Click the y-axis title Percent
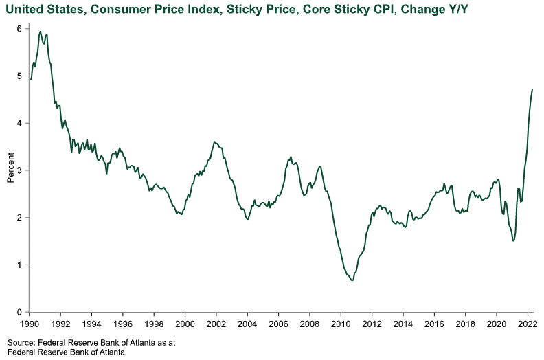coord(10,170)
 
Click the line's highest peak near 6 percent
coord(41,31)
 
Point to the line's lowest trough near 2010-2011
coord(352,280)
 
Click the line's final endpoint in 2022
coord(532,89)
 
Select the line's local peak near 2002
coord(215,142)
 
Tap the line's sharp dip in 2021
coord(513,240)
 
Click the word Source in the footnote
coord(21,341)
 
